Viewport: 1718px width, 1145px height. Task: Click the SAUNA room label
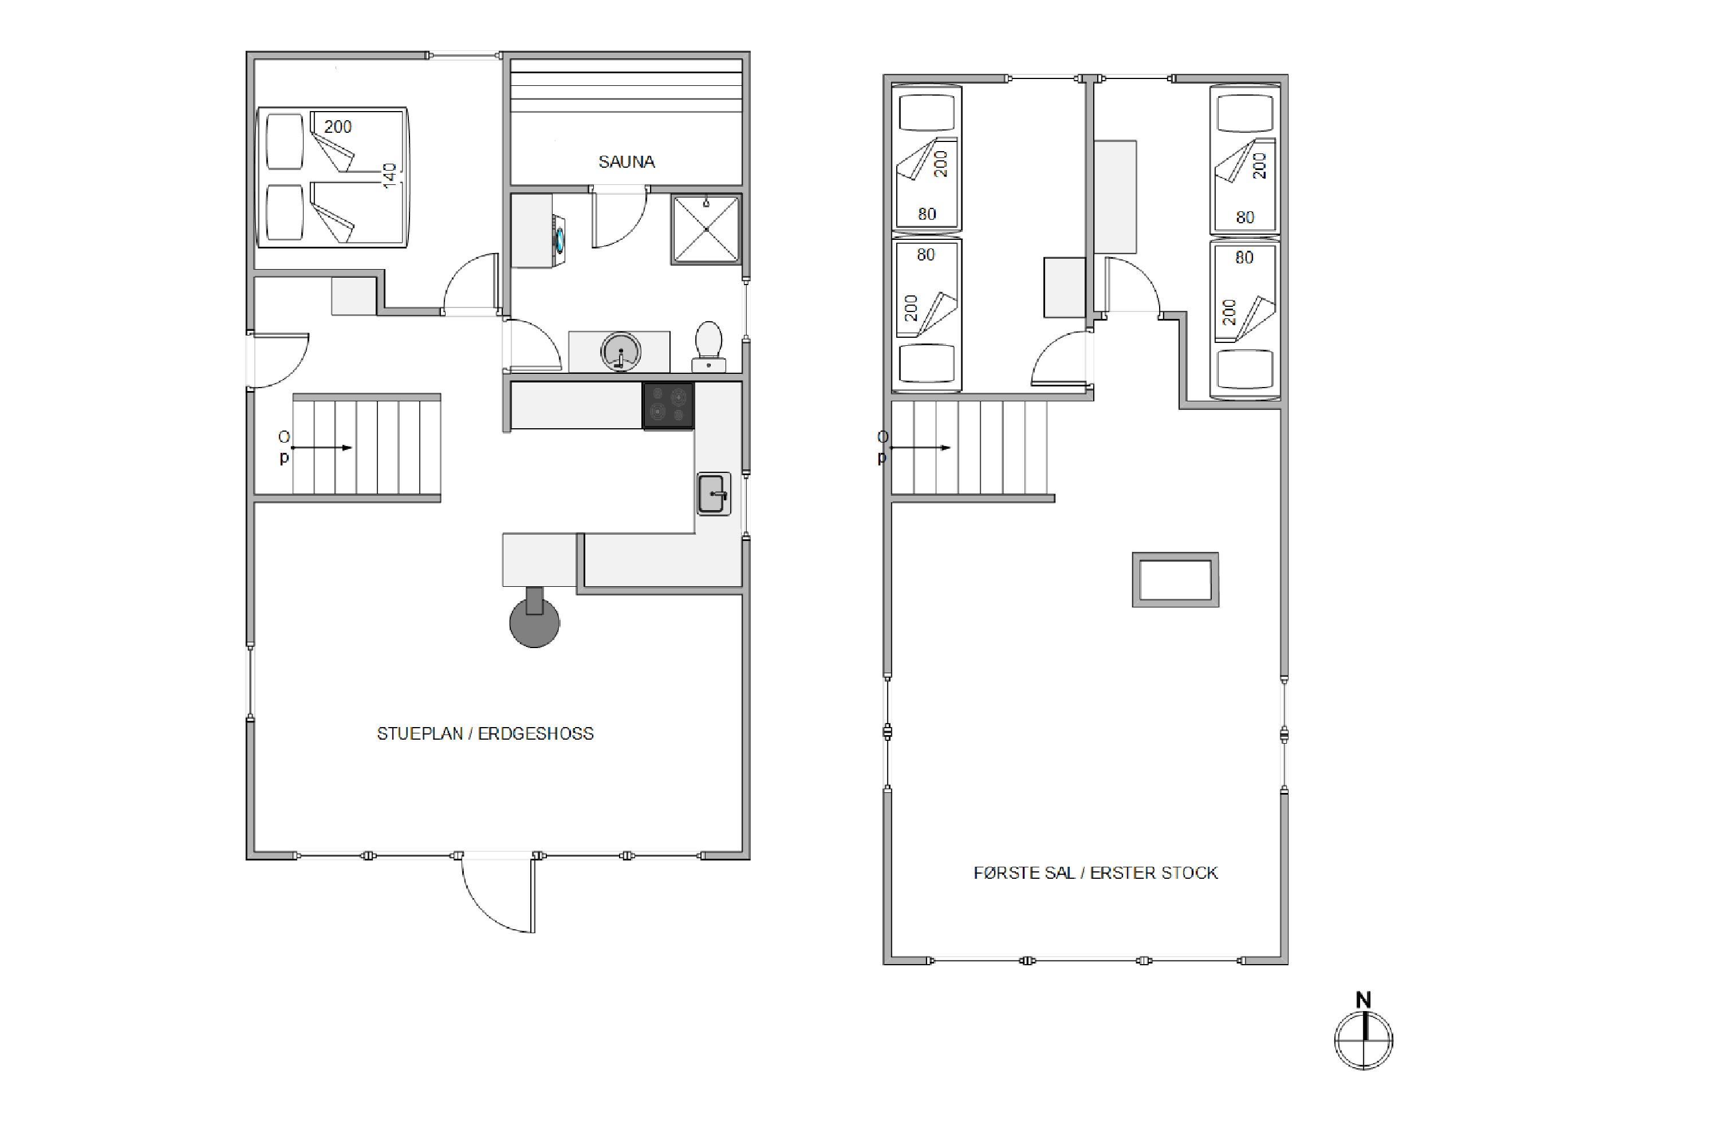(626, 162)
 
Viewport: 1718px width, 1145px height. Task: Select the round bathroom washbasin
(621, 352)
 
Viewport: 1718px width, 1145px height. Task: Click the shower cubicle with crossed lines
(706, 228)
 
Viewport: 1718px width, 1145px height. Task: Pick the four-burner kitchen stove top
(668, 405)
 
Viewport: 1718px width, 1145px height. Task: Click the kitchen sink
(714, 495)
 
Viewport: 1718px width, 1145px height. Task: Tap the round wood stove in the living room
(535, 621)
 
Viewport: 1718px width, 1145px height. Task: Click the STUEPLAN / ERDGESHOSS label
(485, 734)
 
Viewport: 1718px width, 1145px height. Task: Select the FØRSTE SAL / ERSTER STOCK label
(1096, 874)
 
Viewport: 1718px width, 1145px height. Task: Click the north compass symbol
(1364, 1040)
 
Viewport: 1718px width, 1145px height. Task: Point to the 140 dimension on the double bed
(389, 175)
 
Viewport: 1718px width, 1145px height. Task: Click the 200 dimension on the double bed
(337, 127)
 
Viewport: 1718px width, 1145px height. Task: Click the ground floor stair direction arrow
(322, 448)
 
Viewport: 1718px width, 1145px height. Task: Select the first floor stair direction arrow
(920, 448)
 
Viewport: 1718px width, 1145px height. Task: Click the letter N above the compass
(1364, 1000)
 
